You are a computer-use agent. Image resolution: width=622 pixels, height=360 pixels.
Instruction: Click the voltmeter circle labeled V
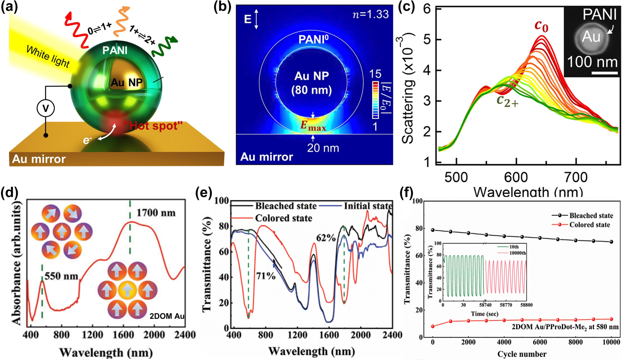(x=46, y=108)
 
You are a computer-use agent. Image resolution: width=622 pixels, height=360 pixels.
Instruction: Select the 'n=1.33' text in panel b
(x=371, y=14)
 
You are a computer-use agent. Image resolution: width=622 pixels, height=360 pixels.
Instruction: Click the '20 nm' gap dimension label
(x=323, y=148)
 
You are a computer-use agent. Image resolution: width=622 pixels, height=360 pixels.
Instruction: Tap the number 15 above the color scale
(x=375, y=74)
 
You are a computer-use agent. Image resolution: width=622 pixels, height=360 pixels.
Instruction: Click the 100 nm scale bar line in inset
(x=604, y=73)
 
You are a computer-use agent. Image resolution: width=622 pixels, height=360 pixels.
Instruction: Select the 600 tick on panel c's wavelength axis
(x=516, y=177)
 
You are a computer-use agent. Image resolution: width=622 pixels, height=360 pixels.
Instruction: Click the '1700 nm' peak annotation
(x=156, y=212)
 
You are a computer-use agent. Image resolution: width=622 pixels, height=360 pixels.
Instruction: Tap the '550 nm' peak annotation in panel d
(x=61, y=276)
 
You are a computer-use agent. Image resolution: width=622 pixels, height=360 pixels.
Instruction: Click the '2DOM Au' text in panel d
(x=167, y=316)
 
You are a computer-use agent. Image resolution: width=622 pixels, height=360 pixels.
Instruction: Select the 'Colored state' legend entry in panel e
(x=283, y=218)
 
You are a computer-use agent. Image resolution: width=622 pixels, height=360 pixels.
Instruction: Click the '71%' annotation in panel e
(x=266, y=276)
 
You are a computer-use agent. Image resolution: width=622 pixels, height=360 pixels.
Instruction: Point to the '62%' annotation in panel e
(x=326, y=238)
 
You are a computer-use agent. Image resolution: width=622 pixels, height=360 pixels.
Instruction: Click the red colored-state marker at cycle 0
(x=433, y=326)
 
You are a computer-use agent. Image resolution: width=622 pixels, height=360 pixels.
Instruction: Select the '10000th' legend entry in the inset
(x=517, y=253)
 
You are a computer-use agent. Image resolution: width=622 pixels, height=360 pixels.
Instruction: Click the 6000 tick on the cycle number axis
(x=540, y=342)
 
